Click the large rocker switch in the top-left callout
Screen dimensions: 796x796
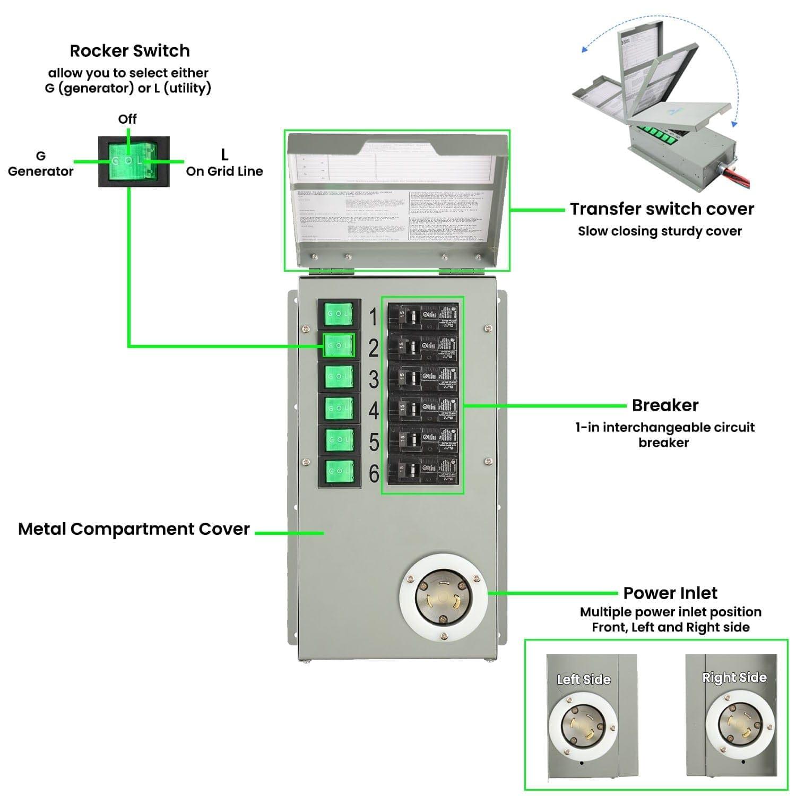(x=134, y=161)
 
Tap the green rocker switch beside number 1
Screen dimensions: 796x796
(x=339, y=314)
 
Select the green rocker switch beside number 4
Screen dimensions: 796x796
(x=339, y=408)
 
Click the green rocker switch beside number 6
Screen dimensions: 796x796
(x=339, y=471)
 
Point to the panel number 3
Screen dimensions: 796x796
(x=374, y=380)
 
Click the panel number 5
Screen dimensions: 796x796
(x=374, y=442)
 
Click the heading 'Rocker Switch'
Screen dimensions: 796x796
(x=129, y=51)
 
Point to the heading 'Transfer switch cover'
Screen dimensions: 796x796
(x=662, y=209)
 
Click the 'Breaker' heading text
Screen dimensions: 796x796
(x=665, y=405)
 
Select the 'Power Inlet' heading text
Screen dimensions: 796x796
(x=670, y=593)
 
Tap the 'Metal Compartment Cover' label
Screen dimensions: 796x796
(x=134, y=529)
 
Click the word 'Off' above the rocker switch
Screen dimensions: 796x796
(x=127, y=119)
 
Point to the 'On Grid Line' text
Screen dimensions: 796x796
(x=224, y=171)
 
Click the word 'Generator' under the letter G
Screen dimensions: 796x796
(x=41, y=171)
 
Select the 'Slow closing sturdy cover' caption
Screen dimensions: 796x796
(x=660, y=231)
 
